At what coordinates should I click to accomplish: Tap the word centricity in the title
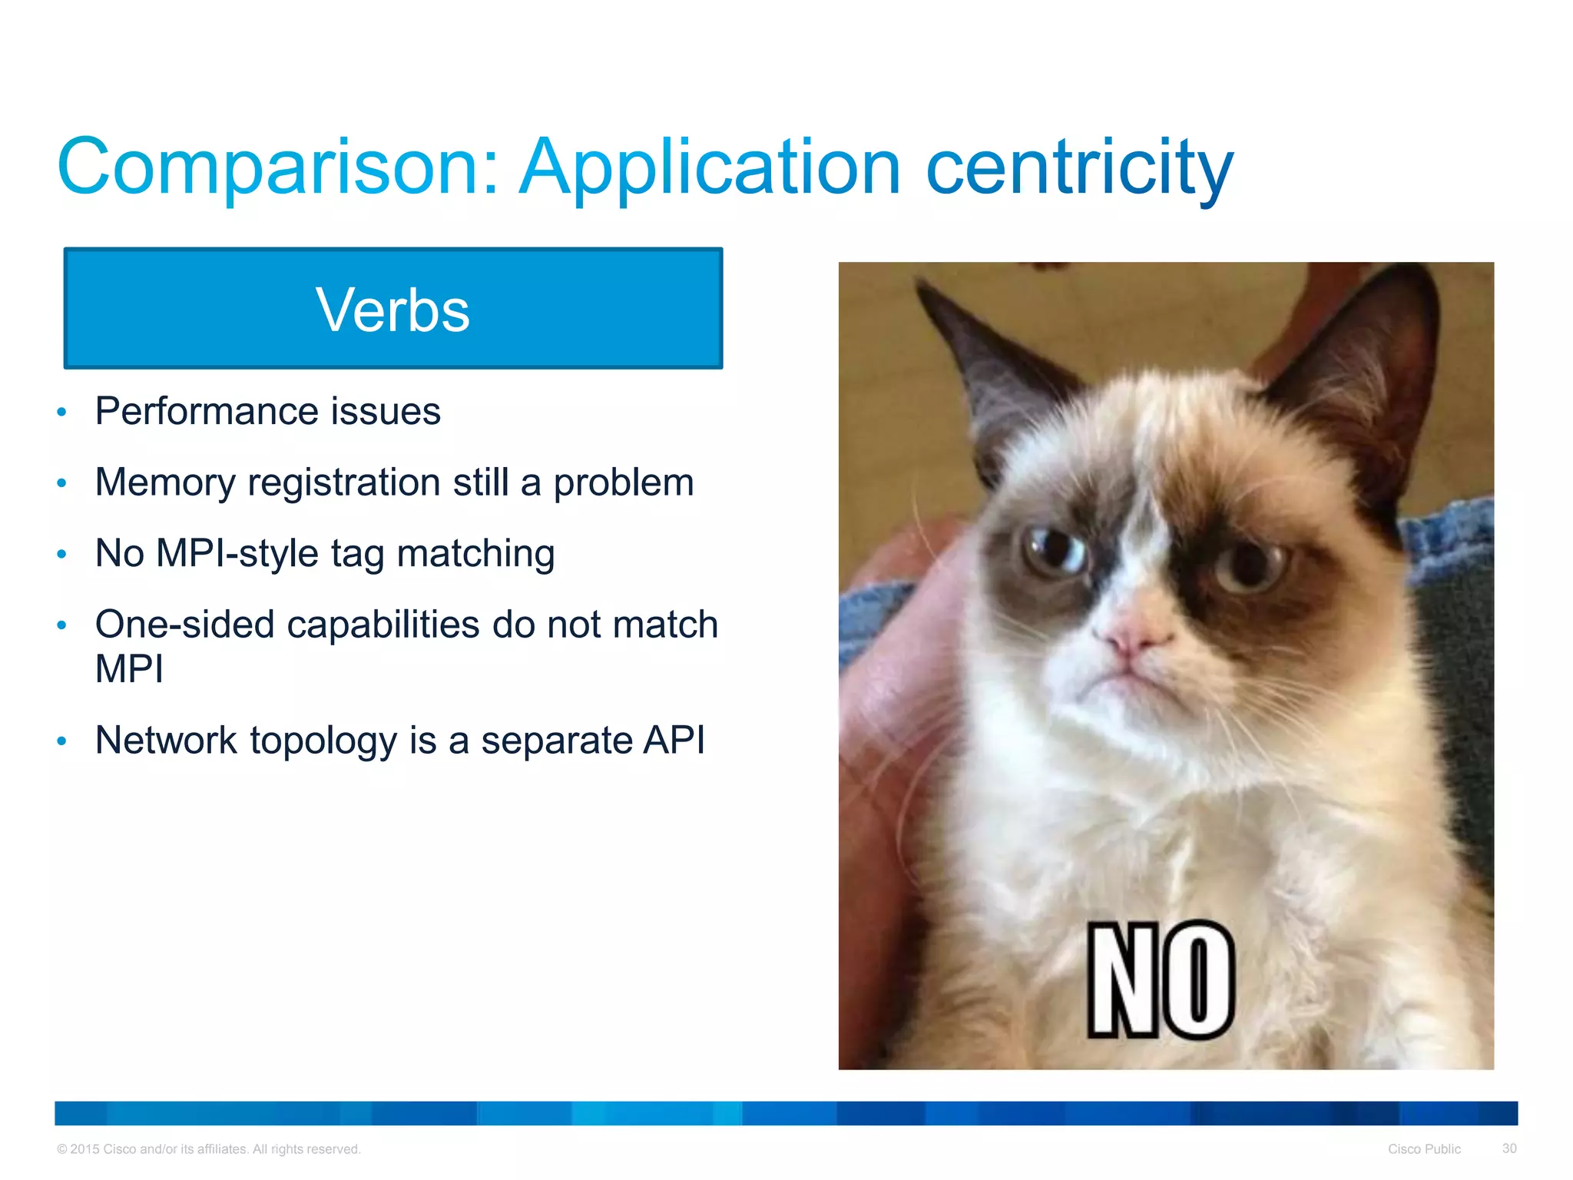[x=1079, y=167]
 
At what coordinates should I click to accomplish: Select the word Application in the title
[x=710, y=167]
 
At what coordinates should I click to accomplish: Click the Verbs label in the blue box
[x=392, y=310]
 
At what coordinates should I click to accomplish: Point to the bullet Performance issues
[x=267, y=411]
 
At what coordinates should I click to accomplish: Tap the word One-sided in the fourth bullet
[x=184, y=624]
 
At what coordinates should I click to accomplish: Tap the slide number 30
[x=1508, y=1148]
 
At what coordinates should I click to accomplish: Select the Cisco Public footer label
[x=1423, y=1149]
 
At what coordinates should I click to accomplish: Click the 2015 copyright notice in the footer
[x=208, y=1149]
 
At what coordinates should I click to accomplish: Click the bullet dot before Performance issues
[x=62, y=413]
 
